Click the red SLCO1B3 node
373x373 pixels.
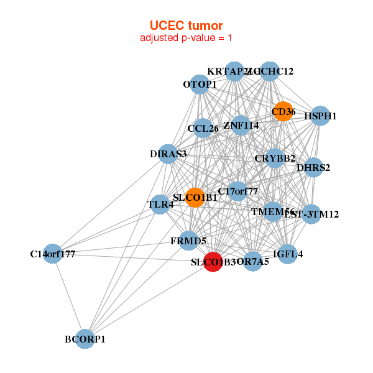tap(213, 262)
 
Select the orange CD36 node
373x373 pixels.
tap(283, 112)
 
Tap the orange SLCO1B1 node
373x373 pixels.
tap(195, 197)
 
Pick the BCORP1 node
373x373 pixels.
tap(85, 339)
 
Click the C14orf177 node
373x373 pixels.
tap(53, 253)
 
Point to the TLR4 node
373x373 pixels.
tap(160, 205)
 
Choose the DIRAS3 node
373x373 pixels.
tap(168, 154)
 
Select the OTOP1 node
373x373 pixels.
tap(200, 84)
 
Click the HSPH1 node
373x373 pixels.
tap(320, 116)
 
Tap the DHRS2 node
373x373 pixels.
tap(313, 167)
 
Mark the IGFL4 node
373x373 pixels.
tap(287, 254)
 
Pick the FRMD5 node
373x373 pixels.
tap(189, 240)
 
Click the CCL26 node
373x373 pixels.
tap(203, 129)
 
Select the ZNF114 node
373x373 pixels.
tap(241, 125)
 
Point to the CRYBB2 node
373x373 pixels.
tap(275, 158)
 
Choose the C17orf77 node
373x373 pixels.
tap(237, 191)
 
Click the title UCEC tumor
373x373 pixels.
tap(186, 25)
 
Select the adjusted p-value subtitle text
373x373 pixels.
tap(186, 38)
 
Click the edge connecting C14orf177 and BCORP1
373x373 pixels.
tap(69, 296)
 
